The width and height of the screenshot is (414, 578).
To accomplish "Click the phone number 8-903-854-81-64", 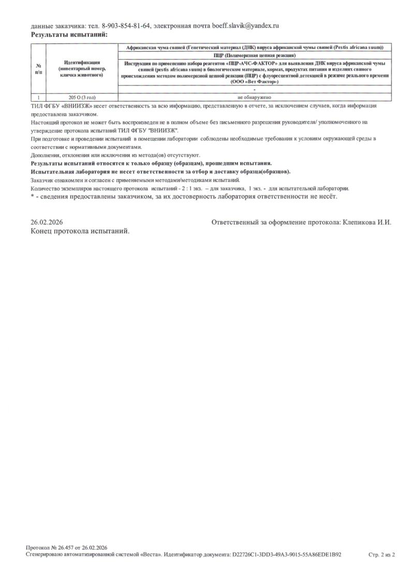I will point(126,25).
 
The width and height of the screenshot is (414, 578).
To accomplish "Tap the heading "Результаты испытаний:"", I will point(69,35).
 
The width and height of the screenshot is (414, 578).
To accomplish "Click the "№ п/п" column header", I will point(38,69).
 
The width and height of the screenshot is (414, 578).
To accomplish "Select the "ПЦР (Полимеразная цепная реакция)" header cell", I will point(254,55).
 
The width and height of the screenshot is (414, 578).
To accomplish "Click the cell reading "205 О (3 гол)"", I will point(82,97).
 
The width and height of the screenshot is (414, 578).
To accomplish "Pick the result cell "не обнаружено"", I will point(254,97).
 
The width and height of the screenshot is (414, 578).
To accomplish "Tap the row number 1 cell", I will point(38,97).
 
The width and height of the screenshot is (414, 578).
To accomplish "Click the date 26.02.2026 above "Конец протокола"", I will point(47,222).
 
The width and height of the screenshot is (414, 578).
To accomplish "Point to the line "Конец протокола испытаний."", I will point(80,231).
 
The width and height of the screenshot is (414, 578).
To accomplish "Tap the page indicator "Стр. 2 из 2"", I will point(381,554).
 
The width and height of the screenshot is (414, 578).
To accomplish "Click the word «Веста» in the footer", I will point(150,554).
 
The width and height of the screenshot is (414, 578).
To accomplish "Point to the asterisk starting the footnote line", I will point(32,197).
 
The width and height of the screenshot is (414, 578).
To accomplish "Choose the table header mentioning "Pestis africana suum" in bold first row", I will point(254,48).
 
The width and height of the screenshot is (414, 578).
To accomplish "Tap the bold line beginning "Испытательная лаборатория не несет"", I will point(160,171).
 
